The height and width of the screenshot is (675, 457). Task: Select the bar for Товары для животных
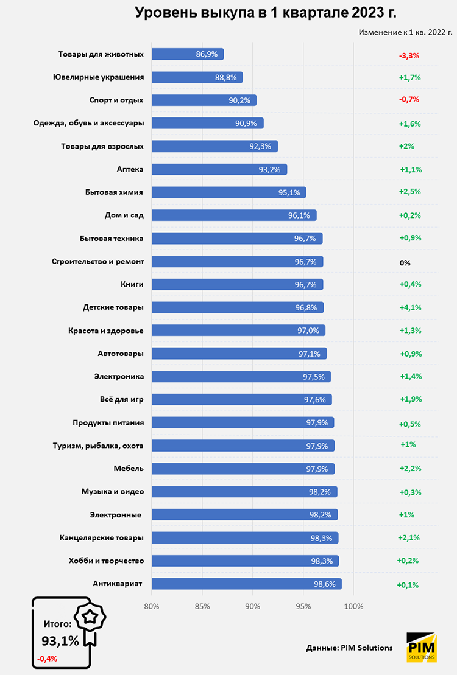(187, 54)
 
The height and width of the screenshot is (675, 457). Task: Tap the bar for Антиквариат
(246, 584)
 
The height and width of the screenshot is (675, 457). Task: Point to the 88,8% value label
(226, 77)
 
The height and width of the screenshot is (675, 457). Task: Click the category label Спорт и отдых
(116, 100)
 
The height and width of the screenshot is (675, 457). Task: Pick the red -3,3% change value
(409, 55)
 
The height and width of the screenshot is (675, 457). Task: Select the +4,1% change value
(410, 307)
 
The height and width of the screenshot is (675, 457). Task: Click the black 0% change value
(405, 262)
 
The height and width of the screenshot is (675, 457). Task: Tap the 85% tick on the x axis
(202, 606)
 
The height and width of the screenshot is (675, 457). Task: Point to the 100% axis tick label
(353, 606)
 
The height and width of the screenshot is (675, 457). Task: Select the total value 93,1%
(60, 641)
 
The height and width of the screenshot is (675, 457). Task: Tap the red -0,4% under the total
(47, 659)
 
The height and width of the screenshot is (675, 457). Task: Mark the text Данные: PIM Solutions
(349, 648)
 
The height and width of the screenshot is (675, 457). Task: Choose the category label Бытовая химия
(114, 192)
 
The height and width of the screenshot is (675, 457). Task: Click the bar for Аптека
(219, 169)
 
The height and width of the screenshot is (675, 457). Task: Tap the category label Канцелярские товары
(102, 537)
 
